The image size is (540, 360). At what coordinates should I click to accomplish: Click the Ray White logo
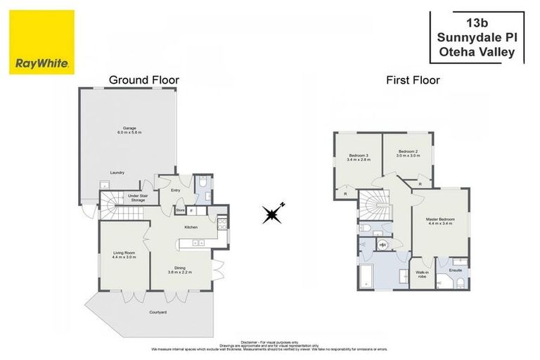tap(42, 42)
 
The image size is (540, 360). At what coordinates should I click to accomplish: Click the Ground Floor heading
tap(144, 80)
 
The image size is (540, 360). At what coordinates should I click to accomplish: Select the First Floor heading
tap(413, 80)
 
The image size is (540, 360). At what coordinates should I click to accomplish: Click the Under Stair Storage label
tap(136, 198)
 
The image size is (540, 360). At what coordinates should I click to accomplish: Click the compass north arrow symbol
tap(272, 214)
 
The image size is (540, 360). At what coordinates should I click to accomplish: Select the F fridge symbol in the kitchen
tap(191, 210)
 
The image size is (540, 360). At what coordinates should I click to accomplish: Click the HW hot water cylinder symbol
tap(383, 245)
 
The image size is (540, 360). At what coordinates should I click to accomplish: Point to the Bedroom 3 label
tap(359, 157)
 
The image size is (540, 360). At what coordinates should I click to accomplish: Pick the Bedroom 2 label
tap(408, 153)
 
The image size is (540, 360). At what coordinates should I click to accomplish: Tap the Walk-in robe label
tap(422, 274)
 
